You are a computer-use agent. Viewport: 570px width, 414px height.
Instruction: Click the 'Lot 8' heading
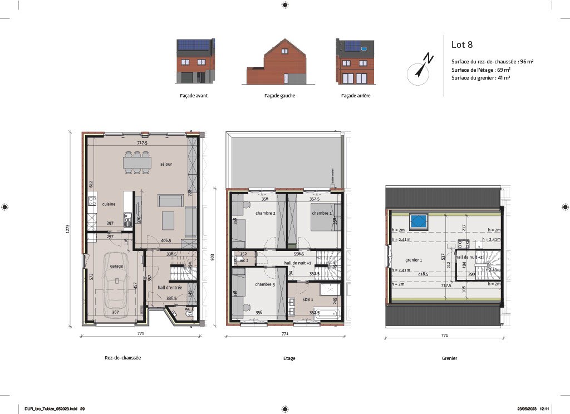[x=461, y=45]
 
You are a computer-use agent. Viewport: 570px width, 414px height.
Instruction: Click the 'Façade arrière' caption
[x=356, y=96]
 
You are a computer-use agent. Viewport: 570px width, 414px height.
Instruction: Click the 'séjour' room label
[x=166, y=164]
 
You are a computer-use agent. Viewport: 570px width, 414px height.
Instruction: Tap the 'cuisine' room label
[x=109, y=204]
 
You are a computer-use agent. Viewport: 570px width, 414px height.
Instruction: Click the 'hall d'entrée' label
[x=169, y=287]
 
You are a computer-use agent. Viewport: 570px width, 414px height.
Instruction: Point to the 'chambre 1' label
[x=321, y=213]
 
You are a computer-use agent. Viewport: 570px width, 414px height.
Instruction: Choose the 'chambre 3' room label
[x=265, y=284]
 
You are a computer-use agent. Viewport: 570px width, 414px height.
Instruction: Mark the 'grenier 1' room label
[x=414, y=260]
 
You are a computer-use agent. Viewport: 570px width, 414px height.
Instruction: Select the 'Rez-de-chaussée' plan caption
[x=122, y=358]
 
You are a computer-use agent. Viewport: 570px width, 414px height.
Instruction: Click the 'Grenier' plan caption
[x=449, y=358]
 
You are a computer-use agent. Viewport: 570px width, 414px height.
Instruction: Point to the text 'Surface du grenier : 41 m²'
[x=480, y=78]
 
